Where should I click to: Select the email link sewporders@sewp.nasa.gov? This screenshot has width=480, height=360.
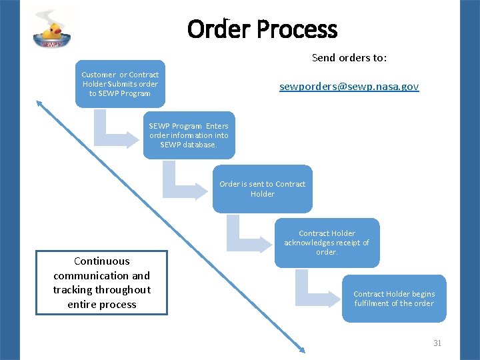349,87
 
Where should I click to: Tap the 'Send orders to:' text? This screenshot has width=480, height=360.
349,58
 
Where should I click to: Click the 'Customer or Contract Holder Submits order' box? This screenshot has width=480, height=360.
120,84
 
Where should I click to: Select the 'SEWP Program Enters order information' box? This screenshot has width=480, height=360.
189,135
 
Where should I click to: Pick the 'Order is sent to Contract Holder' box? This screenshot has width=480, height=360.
262,189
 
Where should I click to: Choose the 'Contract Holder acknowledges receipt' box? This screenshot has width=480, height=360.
327,243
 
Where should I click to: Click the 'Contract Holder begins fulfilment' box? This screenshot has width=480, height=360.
393,299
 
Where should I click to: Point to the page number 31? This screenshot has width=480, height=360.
437,343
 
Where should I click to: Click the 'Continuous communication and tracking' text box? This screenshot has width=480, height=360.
101,283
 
